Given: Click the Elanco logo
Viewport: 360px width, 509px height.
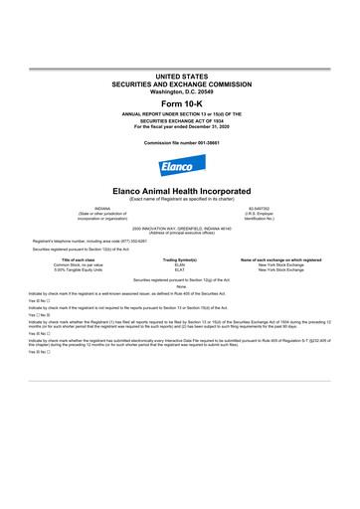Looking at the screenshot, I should click(x=179, y=166).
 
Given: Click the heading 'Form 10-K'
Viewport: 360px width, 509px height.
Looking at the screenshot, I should click(x=179, y=103).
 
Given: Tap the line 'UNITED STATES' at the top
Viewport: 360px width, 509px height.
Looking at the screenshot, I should click(x=179, y=76).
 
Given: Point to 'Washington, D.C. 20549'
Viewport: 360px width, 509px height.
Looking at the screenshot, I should click(x=179, y=90).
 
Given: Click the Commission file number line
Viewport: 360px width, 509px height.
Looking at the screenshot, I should click(x=179, y=141).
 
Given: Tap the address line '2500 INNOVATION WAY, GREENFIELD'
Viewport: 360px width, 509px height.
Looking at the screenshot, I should click(x=179, y=228).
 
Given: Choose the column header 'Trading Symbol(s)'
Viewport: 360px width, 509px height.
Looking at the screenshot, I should click(x=180, y=258).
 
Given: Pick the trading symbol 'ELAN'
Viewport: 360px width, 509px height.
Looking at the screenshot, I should click(x=180, y=264).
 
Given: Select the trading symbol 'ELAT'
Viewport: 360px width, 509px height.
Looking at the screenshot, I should click(x=180, y=270).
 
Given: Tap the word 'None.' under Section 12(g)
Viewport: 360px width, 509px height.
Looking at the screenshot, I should click(x=180, y=287).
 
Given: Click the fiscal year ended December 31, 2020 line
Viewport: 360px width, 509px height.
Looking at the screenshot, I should click(x=179, y=126).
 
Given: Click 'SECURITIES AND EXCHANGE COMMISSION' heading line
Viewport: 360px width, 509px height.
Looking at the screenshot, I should click(x=179, y=83).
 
